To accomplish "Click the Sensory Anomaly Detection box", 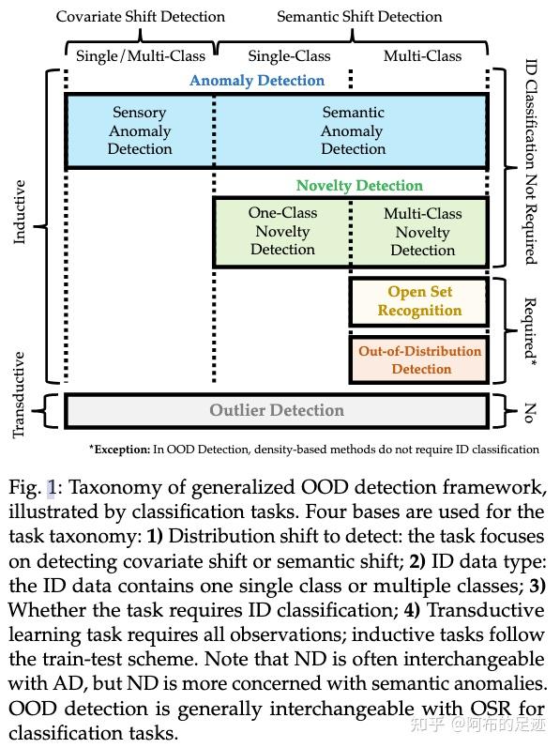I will [140, 131].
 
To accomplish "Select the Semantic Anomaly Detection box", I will [353, 131].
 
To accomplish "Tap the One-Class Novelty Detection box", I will [282, 231].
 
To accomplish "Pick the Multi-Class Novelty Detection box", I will [422, 232].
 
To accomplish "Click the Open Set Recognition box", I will [419, 301].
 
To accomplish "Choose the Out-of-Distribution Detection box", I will [419, 359].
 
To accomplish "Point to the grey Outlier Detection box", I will [276, 410].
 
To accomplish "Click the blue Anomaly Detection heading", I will [257, 81].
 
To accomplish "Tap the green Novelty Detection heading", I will [359, 186].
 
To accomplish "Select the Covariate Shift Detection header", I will [141, 16].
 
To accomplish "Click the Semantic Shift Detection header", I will [359, 16].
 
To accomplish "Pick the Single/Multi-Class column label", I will [141, 55].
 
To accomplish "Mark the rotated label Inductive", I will [20, 212].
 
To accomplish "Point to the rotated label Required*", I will [531, 329].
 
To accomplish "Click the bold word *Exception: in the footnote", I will [119, 450].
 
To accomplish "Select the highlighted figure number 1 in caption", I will [53, 488].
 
